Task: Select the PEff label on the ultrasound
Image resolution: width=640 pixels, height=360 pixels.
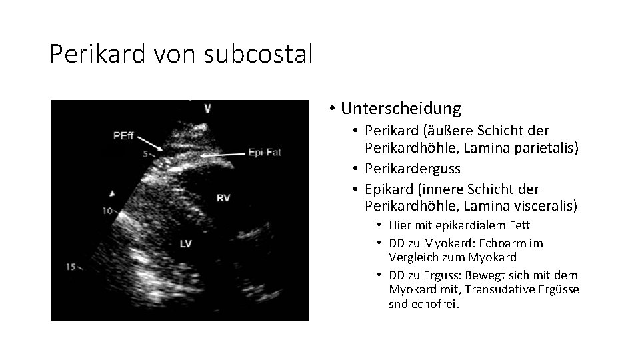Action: point(123,136)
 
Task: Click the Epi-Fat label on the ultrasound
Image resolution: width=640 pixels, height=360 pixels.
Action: point(265,152)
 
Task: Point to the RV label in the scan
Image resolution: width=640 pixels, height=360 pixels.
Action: point(223,197)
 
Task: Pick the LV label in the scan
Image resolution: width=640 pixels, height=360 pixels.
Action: point(185,244)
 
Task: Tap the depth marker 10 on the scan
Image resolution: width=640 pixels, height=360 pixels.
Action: point(107,211)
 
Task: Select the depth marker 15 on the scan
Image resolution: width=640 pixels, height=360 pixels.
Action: point(71,267)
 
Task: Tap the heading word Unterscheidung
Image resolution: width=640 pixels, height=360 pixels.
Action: point(400,108)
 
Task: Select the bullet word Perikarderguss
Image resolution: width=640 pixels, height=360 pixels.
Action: point(413,168)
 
